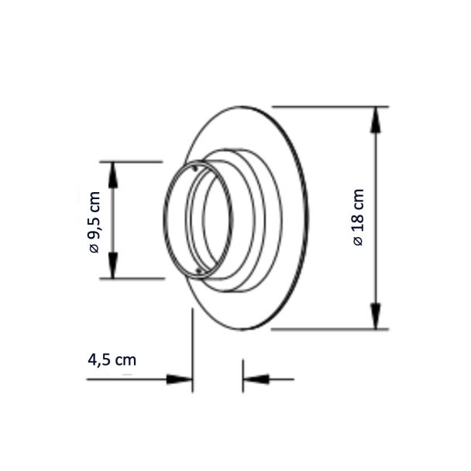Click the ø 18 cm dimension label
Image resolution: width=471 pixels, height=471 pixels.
(359, 218)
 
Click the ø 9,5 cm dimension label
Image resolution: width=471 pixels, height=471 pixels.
(94, 222)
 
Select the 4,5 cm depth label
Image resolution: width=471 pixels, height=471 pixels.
(112, 360)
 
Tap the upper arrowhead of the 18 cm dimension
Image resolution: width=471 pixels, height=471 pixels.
(376, 119)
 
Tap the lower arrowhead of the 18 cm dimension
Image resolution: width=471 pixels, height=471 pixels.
(376, 316)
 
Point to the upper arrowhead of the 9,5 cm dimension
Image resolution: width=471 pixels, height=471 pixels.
(113, 175)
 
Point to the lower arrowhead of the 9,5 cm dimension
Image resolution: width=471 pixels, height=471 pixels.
(113, 266)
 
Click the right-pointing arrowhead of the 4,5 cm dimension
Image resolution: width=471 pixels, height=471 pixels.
(179, 380)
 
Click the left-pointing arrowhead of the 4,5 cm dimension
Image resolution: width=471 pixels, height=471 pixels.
(256, 380)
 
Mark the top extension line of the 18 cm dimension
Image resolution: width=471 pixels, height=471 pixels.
(330, 107)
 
